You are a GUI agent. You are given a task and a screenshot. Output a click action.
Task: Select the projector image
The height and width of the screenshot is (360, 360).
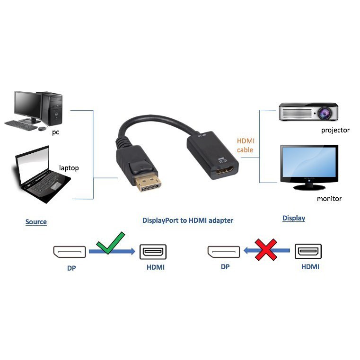pyautogui.click(x=308, y=112)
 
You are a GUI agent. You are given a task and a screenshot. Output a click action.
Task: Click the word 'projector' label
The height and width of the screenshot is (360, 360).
pyautogui.click(x=335, y=130)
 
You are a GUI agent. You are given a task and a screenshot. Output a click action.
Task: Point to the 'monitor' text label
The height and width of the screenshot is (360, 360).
pyautogui.click(x=329, y=199)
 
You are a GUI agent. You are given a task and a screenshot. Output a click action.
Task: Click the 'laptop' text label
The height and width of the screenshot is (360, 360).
pyautogui.click(x=69, y=168)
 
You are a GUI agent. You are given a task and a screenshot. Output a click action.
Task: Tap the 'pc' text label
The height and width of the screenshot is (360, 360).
pyautogui.click(x=56, y=132)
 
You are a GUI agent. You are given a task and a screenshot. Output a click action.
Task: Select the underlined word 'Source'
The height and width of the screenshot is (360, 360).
pyautogui.click(x=36, y=222)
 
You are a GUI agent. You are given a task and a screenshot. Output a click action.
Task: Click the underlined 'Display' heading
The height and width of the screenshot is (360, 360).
pyautogui.click(x=293, y=218)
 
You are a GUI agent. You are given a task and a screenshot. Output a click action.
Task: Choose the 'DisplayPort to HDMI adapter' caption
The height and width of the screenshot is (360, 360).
pyautogui.click(x=188, y=220)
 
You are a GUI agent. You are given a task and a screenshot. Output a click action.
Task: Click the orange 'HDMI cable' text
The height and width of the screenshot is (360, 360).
pyautogui.click(x=246, y=145)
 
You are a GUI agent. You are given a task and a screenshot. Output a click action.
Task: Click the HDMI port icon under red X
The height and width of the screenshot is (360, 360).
pyautogui.click(x=308, y=251)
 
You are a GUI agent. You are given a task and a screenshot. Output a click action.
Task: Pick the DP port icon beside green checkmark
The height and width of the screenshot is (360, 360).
pyautogui.click(x=70, y=252)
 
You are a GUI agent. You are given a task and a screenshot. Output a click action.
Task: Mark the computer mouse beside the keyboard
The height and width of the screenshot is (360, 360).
pyautogui.click(x=42, y=128)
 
